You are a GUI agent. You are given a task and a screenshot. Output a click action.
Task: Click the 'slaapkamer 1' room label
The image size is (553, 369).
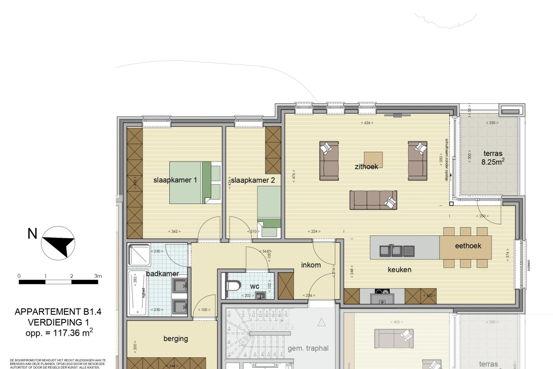tap(175, 180)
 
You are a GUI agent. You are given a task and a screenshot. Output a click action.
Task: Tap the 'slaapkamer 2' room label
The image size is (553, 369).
tap(253, 180)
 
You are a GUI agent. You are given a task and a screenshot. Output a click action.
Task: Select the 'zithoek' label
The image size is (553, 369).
tap(366, 167)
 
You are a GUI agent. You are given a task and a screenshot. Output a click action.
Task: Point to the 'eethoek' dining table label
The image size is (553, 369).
tap(468, 246)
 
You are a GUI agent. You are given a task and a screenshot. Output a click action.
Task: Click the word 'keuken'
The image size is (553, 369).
tap(399, 270)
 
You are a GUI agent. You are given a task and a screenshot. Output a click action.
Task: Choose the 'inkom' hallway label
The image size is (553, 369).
tap(311, 265)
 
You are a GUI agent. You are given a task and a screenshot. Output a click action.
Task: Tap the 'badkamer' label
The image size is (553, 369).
tap(162, 274)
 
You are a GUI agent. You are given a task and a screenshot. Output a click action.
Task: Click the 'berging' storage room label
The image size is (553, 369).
tap(175, 339)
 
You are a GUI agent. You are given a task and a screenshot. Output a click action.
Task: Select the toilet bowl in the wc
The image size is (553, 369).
tap(233, 286)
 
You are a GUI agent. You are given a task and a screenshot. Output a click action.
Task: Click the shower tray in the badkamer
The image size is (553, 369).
tap(139, 255)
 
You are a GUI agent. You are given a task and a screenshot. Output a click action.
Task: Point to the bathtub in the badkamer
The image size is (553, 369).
tap(138, 293)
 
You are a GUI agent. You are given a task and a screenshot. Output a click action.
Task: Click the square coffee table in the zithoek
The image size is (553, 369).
tap(373, 159)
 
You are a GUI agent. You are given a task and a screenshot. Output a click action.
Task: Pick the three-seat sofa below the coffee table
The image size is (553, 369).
tap(373, 200)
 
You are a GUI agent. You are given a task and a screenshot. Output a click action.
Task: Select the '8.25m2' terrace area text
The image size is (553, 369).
tap(493, 162)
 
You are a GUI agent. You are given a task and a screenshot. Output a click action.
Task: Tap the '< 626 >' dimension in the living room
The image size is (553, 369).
tap(367, 123)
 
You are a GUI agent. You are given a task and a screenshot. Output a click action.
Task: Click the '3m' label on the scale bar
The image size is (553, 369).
tap(98, 276)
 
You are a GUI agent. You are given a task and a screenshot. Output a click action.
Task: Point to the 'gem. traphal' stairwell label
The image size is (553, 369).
tap(308, 348)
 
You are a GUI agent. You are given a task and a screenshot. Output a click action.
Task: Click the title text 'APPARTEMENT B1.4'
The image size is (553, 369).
tap(58, 312)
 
